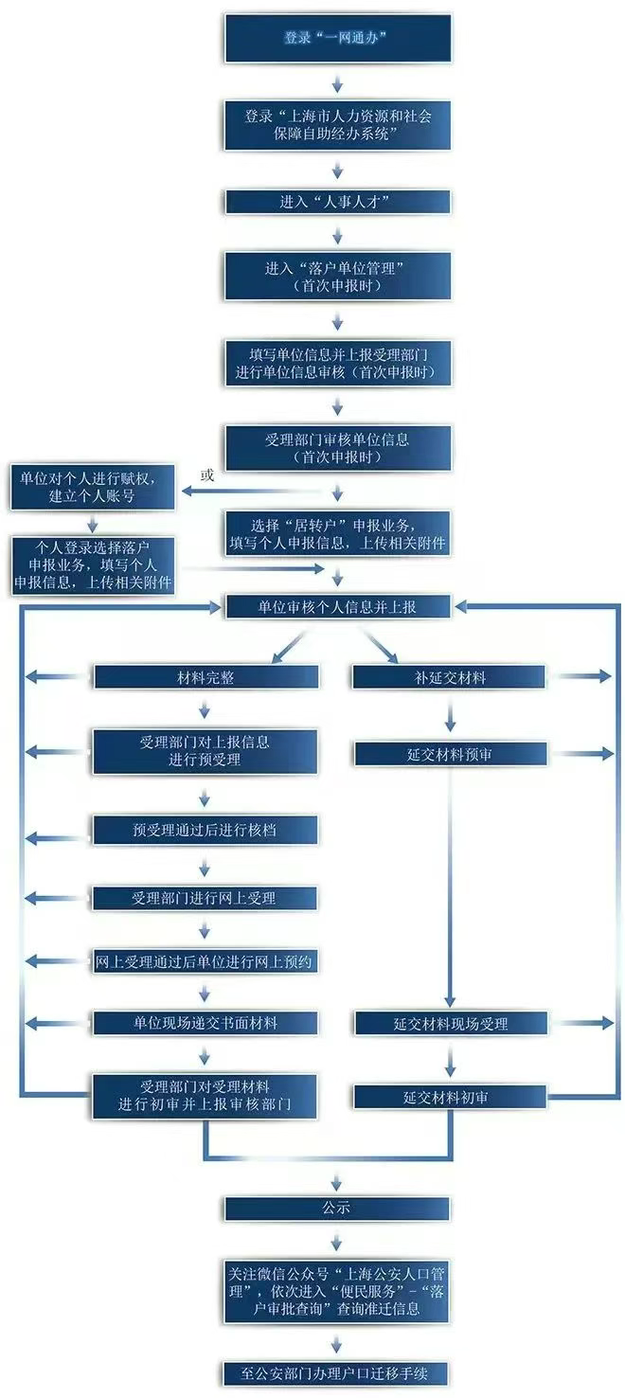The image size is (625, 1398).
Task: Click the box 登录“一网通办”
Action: click(337, 39)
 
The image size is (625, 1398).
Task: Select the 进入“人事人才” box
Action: click(337, 202)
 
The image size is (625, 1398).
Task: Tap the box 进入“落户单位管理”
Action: click(337, 277)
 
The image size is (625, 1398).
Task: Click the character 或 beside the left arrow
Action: click(207, 475)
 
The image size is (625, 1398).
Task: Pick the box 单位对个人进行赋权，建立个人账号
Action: click(92, 488)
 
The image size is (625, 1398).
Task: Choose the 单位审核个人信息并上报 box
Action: click(337, 606)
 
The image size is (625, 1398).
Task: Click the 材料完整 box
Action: click(205, 677)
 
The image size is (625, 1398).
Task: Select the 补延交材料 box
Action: click(449, 677)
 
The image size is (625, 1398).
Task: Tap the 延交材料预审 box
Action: click(451, 754)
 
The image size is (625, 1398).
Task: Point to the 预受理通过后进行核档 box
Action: click(205, 830)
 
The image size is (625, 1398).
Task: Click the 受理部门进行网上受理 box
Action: click(205, 899)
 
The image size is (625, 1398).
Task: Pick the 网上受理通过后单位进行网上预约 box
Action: click(205, 961)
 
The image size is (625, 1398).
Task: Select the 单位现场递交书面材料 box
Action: click(205, 1023)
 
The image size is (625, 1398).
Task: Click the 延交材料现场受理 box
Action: click(451, 1024)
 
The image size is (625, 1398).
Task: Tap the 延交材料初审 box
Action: click(451, 1097)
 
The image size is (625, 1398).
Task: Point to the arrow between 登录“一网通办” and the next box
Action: click(337, 83)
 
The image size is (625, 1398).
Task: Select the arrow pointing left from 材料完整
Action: click(56, 677)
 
